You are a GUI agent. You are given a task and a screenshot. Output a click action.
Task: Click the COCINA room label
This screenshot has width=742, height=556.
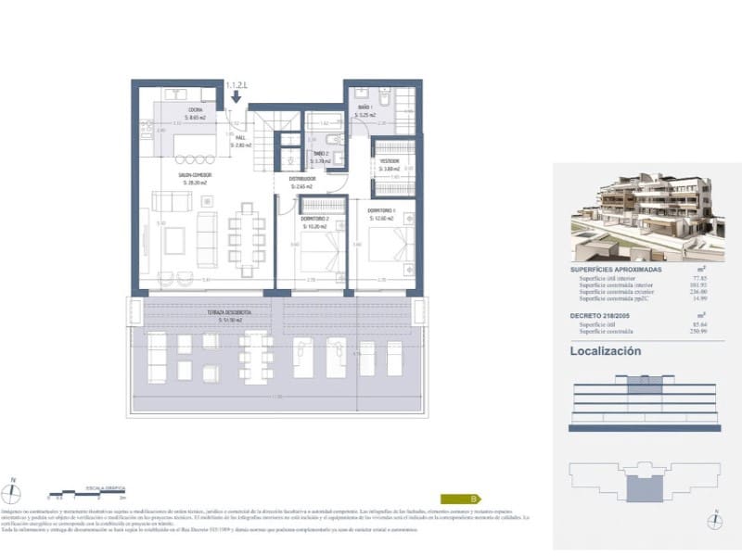(x=194, y=109)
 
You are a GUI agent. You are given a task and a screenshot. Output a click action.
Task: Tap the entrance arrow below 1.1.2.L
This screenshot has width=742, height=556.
(x=237, y=95)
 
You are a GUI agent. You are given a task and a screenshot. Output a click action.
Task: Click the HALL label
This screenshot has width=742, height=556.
(x=212, y=136)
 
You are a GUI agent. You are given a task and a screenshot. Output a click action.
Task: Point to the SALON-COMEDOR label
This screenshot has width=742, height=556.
(x=196, y=174)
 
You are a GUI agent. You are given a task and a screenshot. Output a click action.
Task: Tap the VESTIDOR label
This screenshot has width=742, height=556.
(x=389, y=160)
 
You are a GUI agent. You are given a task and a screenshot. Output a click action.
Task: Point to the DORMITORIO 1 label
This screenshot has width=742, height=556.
(x=381, y=209)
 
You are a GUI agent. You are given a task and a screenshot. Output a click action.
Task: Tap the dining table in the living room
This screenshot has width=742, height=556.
(x=247, y=237)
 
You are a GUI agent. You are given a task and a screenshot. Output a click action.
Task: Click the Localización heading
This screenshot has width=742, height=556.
(x=605, y=352)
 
